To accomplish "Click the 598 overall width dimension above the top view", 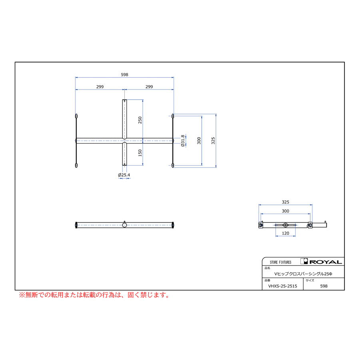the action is coord(124,75).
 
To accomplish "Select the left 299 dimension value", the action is coord(100,87).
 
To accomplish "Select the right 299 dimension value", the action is coord(149,87).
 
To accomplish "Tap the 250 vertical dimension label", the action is coord(140,120).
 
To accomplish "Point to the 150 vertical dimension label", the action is coord(140,153).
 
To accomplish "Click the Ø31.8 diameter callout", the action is coord(183,140).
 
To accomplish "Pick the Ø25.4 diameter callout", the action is coord(124,175).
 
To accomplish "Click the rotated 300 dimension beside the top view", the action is coord(199,140).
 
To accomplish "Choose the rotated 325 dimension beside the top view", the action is coord(213,140).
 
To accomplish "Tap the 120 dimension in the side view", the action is coord(285,233).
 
